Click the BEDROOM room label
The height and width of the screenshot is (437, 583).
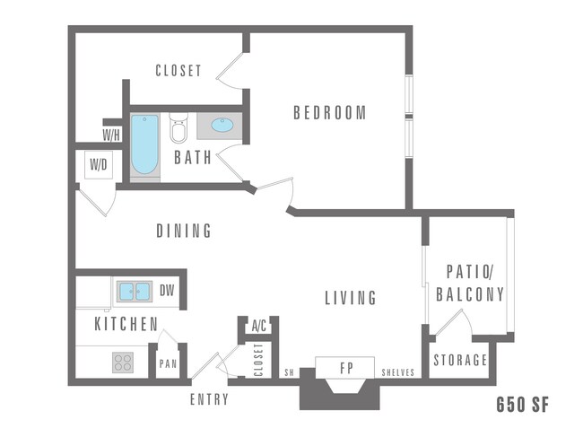coord(330,113)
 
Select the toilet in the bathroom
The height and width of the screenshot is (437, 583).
coord(178,130)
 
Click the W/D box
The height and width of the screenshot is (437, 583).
coord(98,165)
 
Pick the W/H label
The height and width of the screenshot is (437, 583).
coord(111,135)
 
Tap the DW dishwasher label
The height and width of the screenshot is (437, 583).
coord(167,291)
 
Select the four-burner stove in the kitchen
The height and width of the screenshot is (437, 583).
coord(123,363)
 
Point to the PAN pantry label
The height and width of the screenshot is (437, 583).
coord(168,364)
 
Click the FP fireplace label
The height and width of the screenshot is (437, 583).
coord(344,368)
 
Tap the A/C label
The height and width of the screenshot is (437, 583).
coord(260,326)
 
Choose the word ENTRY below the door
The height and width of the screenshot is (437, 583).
coord(209,400)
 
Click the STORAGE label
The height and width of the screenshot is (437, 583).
coord(460,361)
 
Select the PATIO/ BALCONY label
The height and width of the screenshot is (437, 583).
coord(469,283)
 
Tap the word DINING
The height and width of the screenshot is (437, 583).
coord(184,232)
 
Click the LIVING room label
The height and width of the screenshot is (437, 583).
coord(350,298)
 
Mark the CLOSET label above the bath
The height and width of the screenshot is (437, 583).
coord(178,70)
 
